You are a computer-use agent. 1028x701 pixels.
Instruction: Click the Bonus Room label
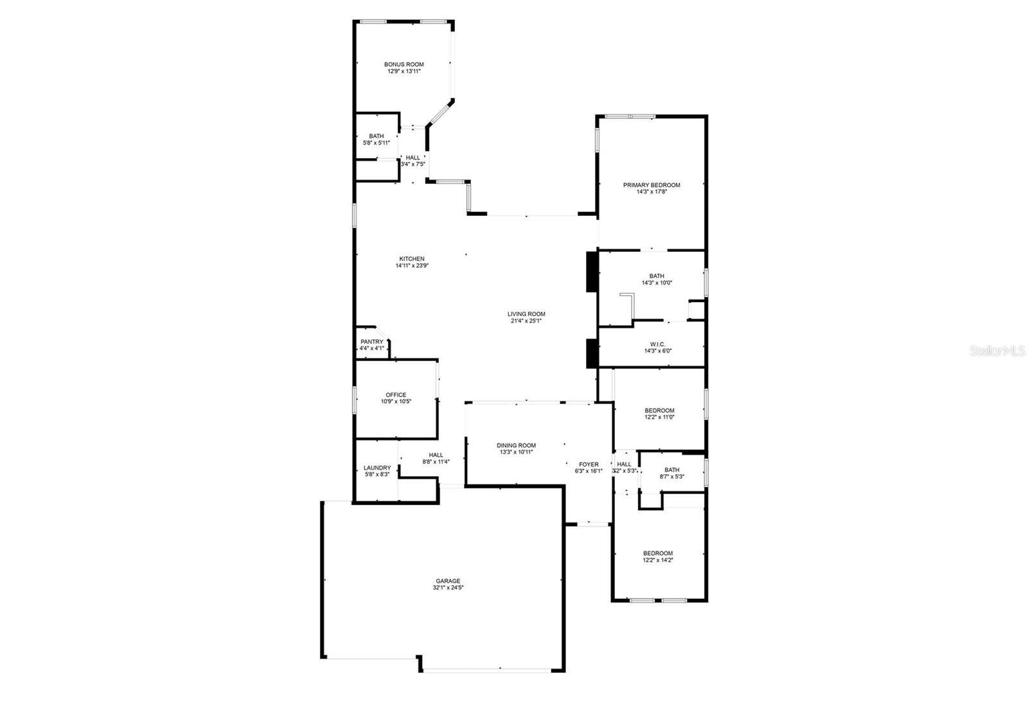(x=404, y=65)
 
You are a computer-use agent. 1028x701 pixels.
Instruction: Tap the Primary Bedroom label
(x=651, y=186)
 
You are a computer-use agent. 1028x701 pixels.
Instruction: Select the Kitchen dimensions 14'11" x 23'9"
(x=412, y=266)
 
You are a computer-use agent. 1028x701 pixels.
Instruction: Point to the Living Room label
(x=526, y=314)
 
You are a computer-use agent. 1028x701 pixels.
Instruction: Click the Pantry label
(x=372, y=342)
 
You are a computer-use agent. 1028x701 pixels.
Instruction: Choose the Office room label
(x=396, y=395)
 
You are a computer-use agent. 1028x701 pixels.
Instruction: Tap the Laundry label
(x=377, y=468)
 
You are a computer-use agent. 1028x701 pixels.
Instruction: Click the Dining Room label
(x=517, y=446)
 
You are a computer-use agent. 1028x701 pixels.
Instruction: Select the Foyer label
(x=589, y=465)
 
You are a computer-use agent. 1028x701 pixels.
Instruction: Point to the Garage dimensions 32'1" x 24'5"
(x=448, y=588)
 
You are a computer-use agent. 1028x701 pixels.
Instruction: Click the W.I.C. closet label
(x=658, y=345)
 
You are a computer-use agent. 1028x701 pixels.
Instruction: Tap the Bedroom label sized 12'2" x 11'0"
(x=659, y=411)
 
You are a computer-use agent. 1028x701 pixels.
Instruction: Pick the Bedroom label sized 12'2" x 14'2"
(x=658, y=554)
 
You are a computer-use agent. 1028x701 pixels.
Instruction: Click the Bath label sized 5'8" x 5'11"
(x=377, y=136)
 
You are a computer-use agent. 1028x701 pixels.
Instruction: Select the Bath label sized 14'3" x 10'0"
(x=657, y=276)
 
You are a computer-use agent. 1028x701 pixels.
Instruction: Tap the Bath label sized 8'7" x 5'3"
(x=672, y=470)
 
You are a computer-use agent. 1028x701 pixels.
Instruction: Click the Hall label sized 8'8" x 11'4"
(x=436, y=456)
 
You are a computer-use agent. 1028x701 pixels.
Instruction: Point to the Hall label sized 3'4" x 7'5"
(x=413, y=158)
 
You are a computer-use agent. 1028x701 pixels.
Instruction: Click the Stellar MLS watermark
(x=997, y=351)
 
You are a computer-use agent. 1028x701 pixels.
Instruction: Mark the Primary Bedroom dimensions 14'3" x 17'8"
(x=651, y=192)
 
